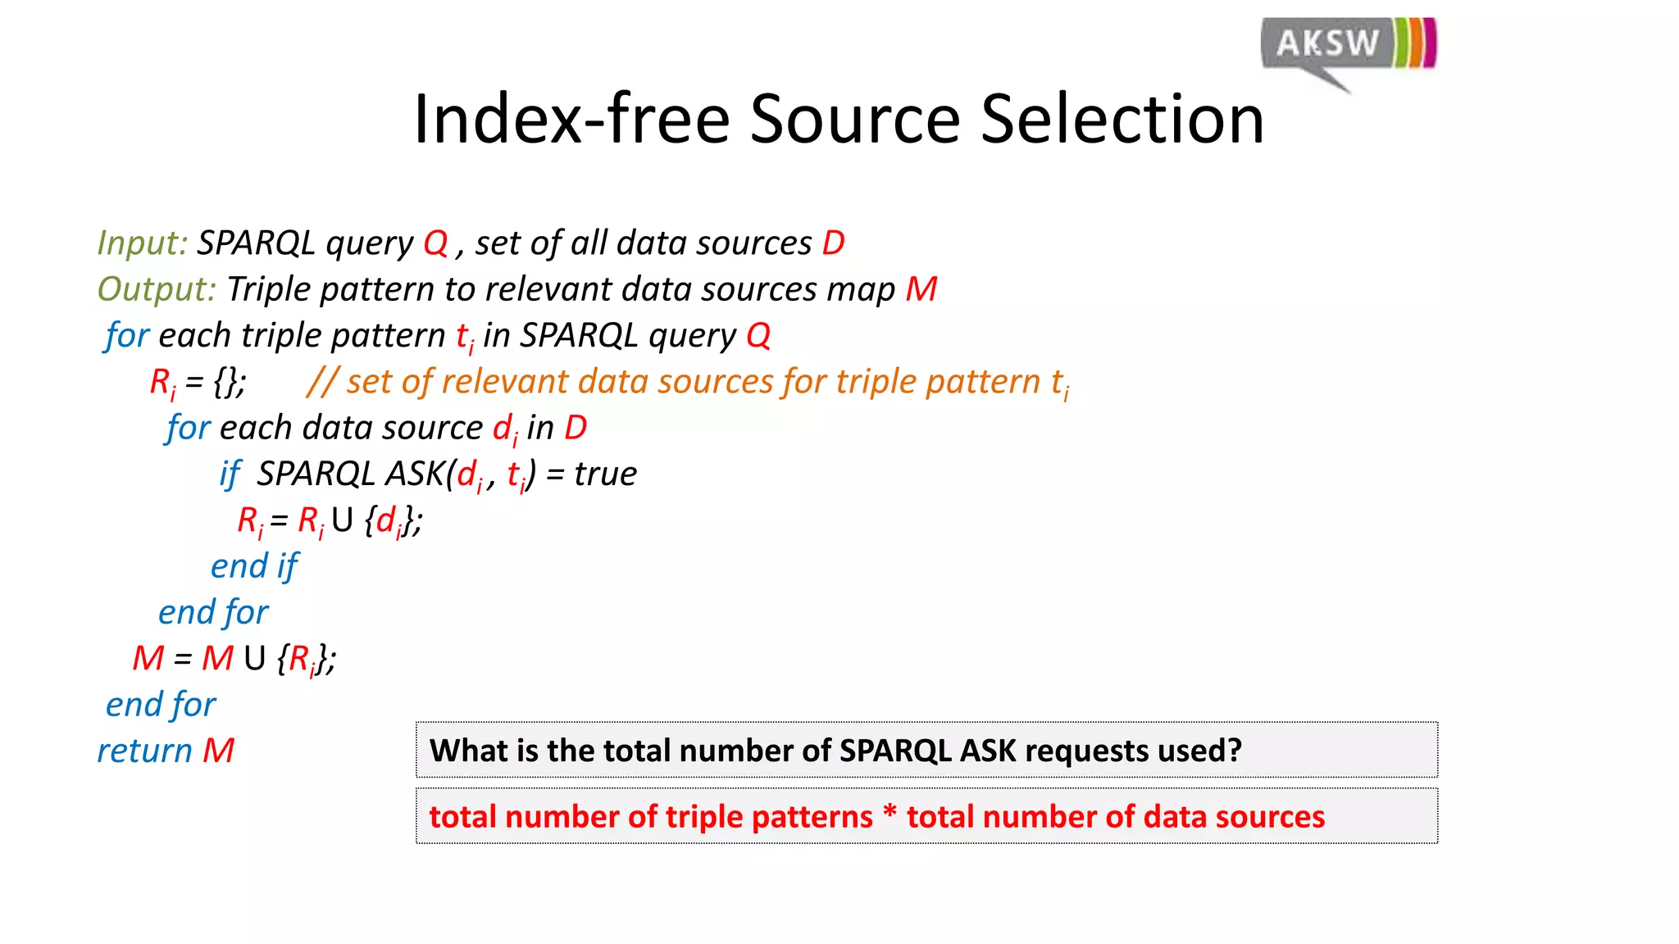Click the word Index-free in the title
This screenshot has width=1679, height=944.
tap(571, 120)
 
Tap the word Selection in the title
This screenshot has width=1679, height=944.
tap(1122, 120)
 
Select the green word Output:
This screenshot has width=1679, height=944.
tap(156, 289)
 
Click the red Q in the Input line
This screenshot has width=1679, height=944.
tap(435, 243)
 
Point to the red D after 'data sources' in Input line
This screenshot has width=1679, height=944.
tap(833, 243)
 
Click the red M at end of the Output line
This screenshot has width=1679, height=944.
tap(921, 289)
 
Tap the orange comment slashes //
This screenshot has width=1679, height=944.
tap(322, 382)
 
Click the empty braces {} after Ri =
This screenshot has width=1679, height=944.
tap(226, 382)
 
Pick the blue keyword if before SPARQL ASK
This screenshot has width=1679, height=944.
tap(230, 474)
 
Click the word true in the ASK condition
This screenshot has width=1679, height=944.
tap(605, 474)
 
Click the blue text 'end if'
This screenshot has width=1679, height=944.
tap(254, 566)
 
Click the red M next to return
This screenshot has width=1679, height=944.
tap(218, 751)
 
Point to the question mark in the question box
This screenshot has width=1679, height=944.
tap(1235, 751)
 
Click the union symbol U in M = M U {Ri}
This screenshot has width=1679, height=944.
tap(255, 659)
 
